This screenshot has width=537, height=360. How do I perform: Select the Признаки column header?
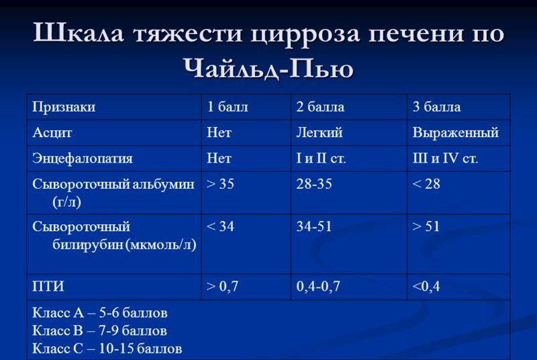click(64, 107)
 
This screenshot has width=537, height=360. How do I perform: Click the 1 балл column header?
click(228, 107)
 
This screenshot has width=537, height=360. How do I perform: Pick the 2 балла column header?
click(320, 107)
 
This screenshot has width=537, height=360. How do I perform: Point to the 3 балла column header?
click(437, 107)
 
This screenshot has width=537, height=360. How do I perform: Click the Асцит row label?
click(52, 132)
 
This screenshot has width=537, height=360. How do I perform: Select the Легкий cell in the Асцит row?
click(320, 132)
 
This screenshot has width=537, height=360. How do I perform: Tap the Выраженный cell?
click(456, 132)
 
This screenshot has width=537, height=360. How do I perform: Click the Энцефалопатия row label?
click(82, 159)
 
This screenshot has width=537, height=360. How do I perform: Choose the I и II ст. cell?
click(322, 159)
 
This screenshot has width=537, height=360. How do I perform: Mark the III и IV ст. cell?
click(445, 159)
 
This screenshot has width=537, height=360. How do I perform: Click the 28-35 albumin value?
click(314, 184)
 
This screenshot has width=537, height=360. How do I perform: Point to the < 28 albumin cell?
click(426, 184)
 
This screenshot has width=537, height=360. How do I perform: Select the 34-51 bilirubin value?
click(314, 226)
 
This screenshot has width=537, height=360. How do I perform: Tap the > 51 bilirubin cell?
click(426, 226)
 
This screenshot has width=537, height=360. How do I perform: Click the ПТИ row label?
click(48, 286)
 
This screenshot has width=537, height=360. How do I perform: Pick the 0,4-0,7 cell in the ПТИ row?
click(318, 286)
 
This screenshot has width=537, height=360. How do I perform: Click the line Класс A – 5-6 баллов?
click(99, 313)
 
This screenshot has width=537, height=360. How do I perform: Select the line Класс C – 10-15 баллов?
click(107, 349)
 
